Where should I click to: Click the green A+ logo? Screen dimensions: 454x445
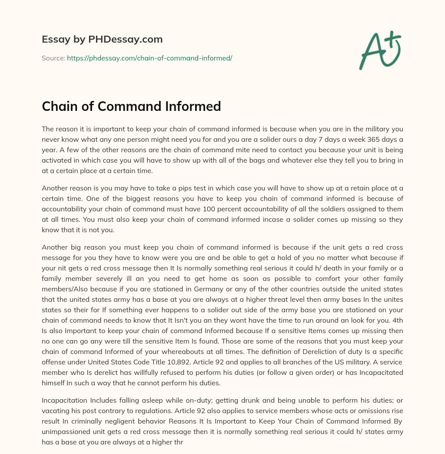380,50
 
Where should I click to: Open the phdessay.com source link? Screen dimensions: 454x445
149,58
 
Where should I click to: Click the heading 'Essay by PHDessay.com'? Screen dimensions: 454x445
102,40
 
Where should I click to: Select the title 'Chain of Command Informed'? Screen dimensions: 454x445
131,106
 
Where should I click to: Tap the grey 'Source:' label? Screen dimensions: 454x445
53,58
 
